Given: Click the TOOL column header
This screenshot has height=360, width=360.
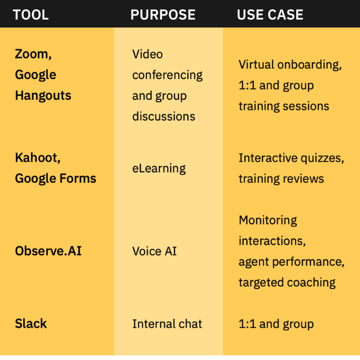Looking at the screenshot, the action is pos(30,15).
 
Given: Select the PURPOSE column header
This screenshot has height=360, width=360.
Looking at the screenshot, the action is pos(163,15).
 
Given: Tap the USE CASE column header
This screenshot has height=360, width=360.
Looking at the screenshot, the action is pos(270,15).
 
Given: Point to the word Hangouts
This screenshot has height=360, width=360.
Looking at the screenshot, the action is pos(43,96).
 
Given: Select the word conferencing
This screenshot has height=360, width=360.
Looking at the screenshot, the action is pos(167,75).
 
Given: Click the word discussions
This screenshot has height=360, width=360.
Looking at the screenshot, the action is pos(164,116).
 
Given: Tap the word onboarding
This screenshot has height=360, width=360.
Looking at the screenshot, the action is pos(309,64).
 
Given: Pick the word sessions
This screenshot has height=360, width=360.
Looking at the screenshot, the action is pos(306,106).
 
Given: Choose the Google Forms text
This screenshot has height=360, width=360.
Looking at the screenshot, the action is pos(56,178).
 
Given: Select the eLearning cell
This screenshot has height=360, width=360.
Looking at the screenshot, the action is pos(159,168).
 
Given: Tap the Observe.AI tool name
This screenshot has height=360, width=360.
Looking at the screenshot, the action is pos(48,251).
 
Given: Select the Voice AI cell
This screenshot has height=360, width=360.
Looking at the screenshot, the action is pos(154,251).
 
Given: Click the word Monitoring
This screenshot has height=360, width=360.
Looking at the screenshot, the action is pos(268,221).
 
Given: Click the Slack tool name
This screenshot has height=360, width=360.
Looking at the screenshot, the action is pos(31,323).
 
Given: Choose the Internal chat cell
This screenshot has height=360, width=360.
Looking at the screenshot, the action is pos(167,324).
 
